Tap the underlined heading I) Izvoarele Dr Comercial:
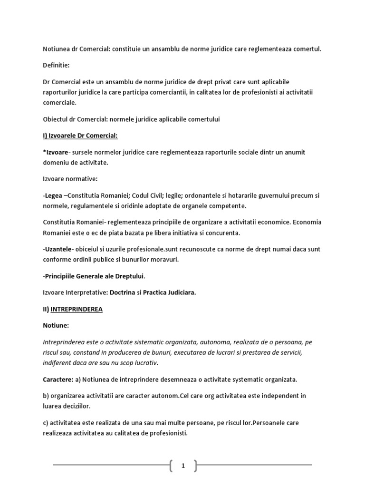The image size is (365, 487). click(x=80, y=136)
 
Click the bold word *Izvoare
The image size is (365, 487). click(x=56, y=152)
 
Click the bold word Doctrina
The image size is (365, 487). click(x=126, y=292)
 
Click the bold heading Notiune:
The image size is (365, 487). click(x=56, y=326)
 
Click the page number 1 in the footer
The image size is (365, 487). click(x=182, y=466)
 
